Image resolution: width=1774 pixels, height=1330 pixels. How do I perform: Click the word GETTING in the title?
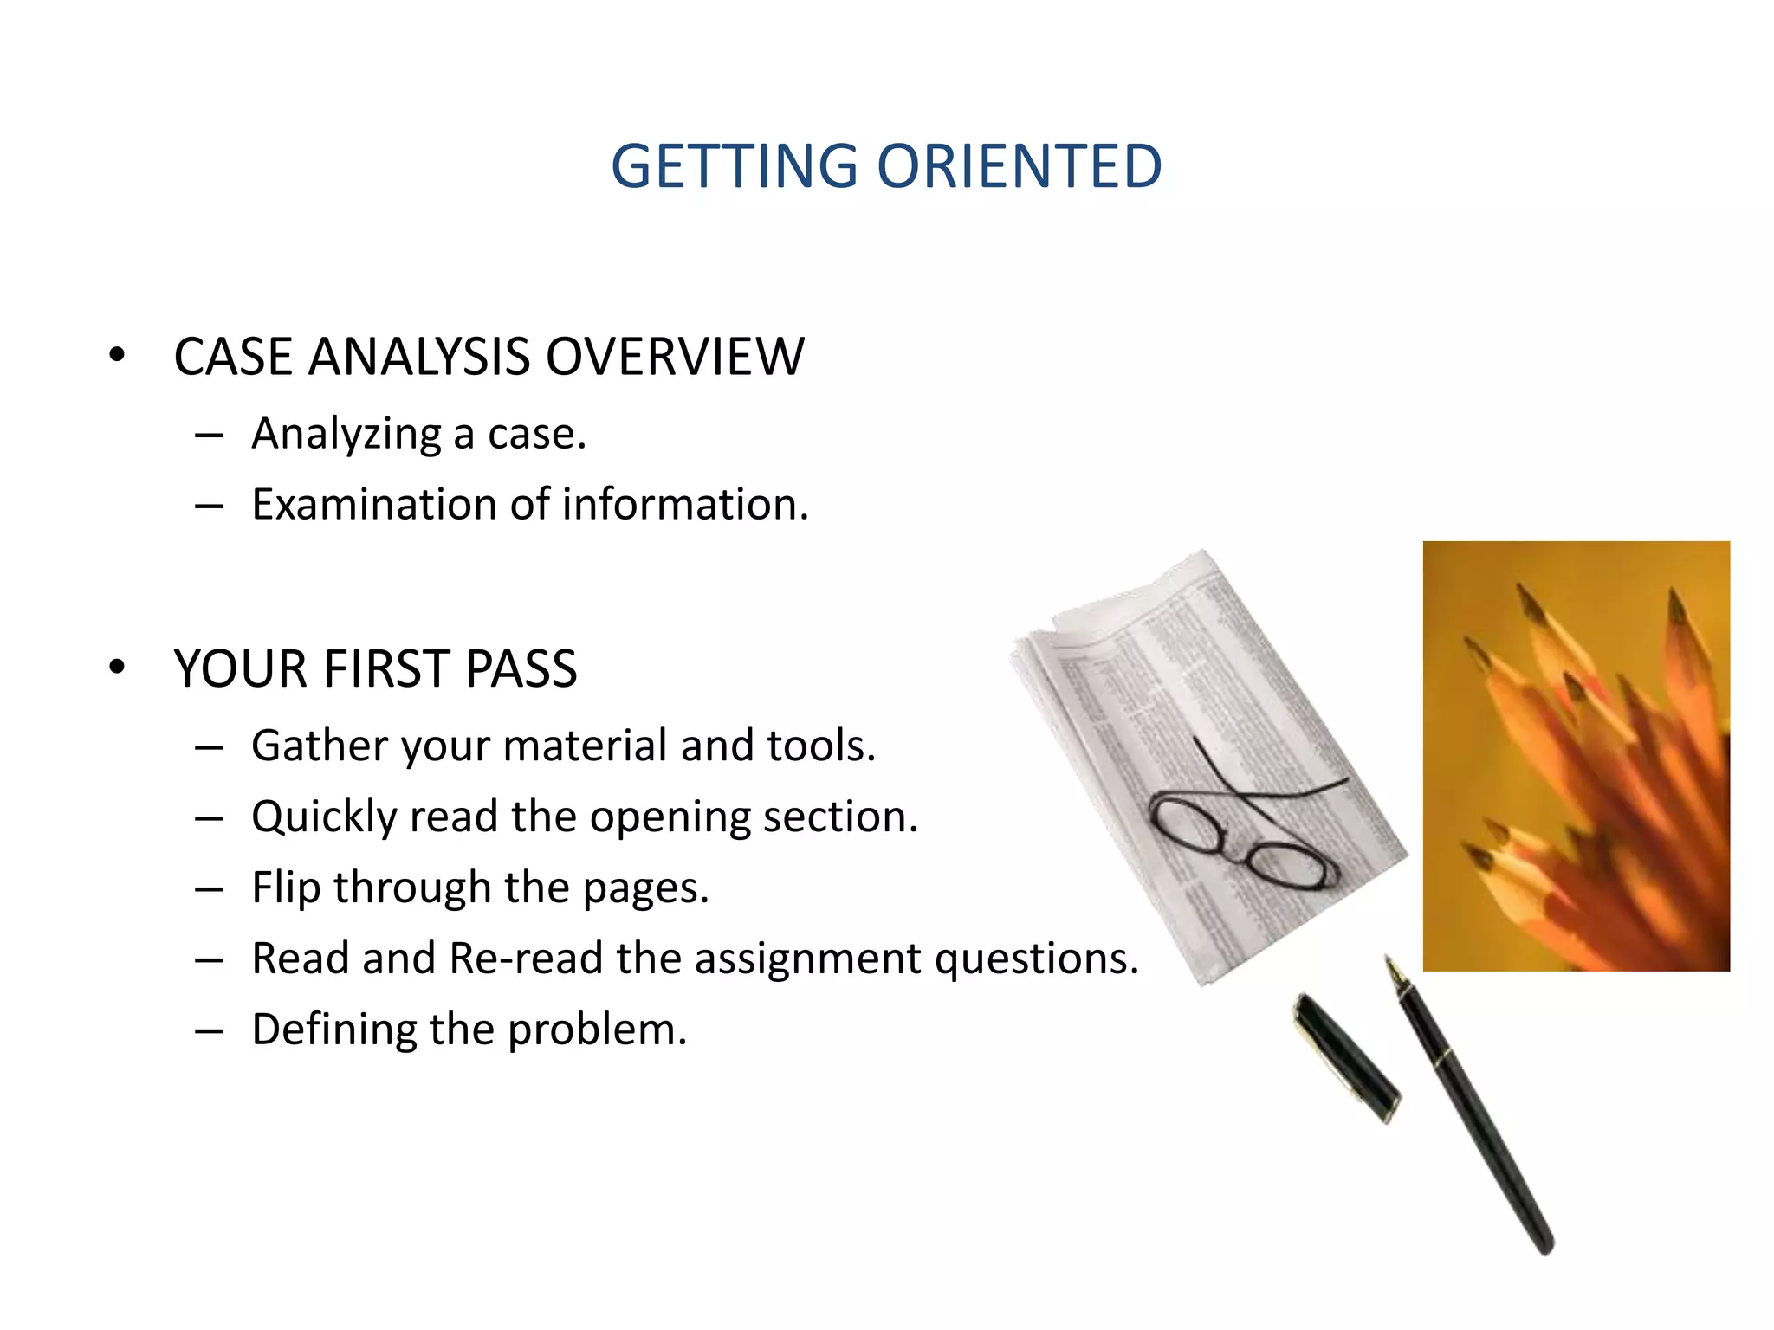tap(734, 166)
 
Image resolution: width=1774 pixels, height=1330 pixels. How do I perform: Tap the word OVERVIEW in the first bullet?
tap(675, 357)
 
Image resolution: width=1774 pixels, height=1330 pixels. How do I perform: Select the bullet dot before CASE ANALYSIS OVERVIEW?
tap(117, 355)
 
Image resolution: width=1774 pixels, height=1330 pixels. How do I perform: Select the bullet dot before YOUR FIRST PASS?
tap(117, 667)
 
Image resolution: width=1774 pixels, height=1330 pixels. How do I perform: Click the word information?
tap(684, 505)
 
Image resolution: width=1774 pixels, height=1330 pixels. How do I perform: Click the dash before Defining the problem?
tap(209, 1031)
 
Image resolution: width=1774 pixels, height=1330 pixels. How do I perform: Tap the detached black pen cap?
tap(1345, 1056)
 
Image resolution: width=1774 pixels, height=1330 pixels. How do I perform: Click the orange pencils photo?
tap(1576, 755)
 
